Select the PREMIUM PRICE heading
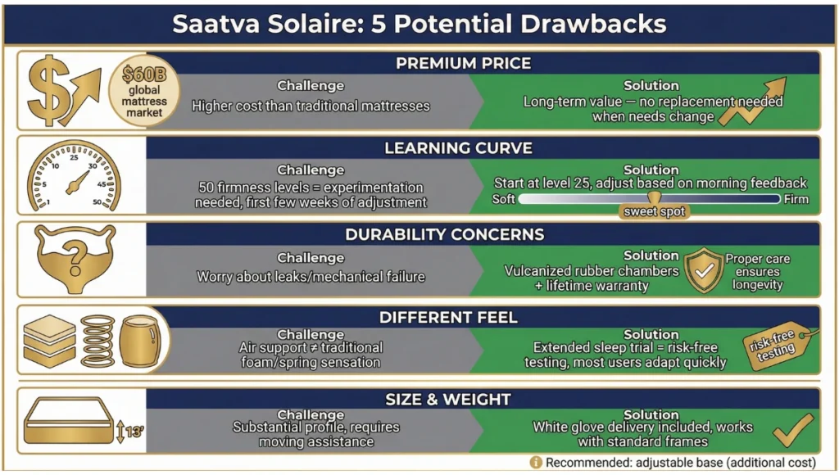463,63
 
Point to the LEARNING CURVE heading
458,148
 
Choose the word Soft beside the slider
505,199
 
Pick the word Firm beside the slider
796,199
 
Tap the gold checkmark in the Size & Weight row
791,430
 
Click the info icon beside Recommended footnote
536,462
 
